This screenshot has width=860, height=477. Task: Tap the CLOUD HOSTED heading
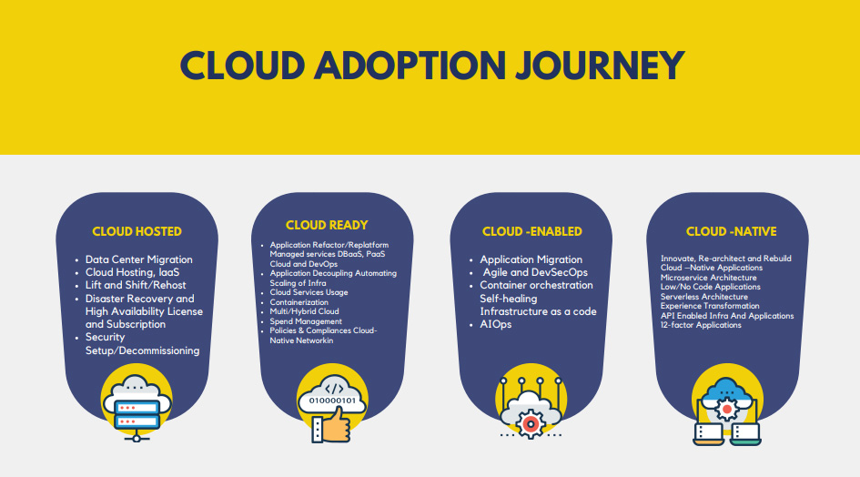pos(137,231)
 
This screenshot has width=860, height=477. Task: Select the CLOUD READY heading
pos(327,225)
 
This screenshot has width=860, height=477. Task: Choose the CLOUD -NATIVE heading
pos(731,231)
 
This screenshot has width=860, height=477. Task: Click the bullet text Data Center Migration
pos(138,259)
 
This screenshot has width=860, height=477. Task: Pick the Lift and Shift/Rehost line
pos(136,285)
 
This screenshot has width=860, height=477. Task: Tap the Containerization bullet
pos(298,302)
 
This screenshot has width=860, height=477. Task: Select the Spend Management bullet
pos(306,321)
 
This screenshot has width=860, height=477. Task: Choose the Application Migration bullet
pos(531,259)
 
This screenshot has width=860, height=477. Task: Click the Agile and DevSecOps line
pos(534,272)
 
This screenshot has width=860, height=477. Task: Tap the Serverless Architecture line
pos(704,297)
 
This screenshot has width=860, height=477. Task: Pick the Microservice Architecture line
pos(709,278)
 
